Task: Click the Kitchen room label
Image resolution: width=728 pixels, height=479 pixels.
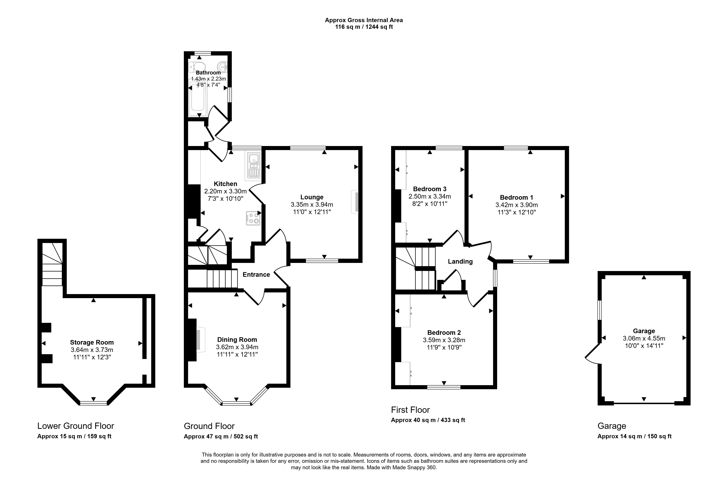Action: tap(226, 184)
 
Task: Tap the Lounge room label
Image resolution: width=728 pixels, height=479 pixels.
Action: tap(312, 197)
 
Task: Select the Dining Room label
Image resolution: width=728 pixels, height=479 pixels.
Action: tap(237, 339)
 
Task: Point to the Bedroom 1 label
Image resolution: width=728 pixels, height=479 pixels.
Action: tap(516, 198)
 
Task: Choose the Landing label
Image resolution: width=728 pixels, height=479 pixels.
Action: tap(460, 261)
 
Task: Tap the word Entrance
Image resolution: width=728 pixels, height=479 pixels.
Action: tap(256, 275)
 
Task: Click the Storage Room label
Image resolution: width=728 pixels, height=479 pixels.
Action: tap(92, 343)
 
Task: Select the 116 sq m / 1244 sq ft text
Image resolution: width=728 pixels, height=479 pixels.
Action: tap(364, 27)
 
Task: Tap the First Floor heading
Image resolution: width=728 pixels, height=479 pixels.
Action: tap(410, 410)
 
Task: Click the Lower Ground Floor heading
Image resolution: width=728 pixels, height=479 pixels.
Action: tap(76, 426)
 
